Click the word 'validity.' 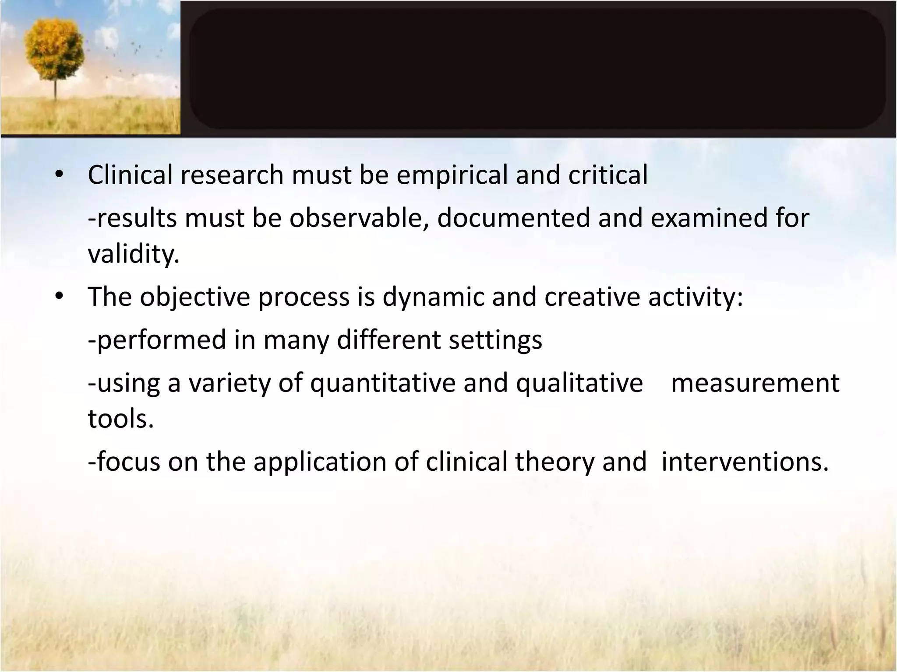134,253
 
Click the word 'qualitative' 579,383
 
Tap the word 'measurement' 755,383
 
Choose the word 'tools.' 121,419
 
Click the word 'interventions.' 745,462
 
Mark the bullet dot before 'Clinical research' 59,175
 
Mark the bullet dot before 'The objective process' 59,297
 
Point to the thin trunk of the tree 56,90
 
